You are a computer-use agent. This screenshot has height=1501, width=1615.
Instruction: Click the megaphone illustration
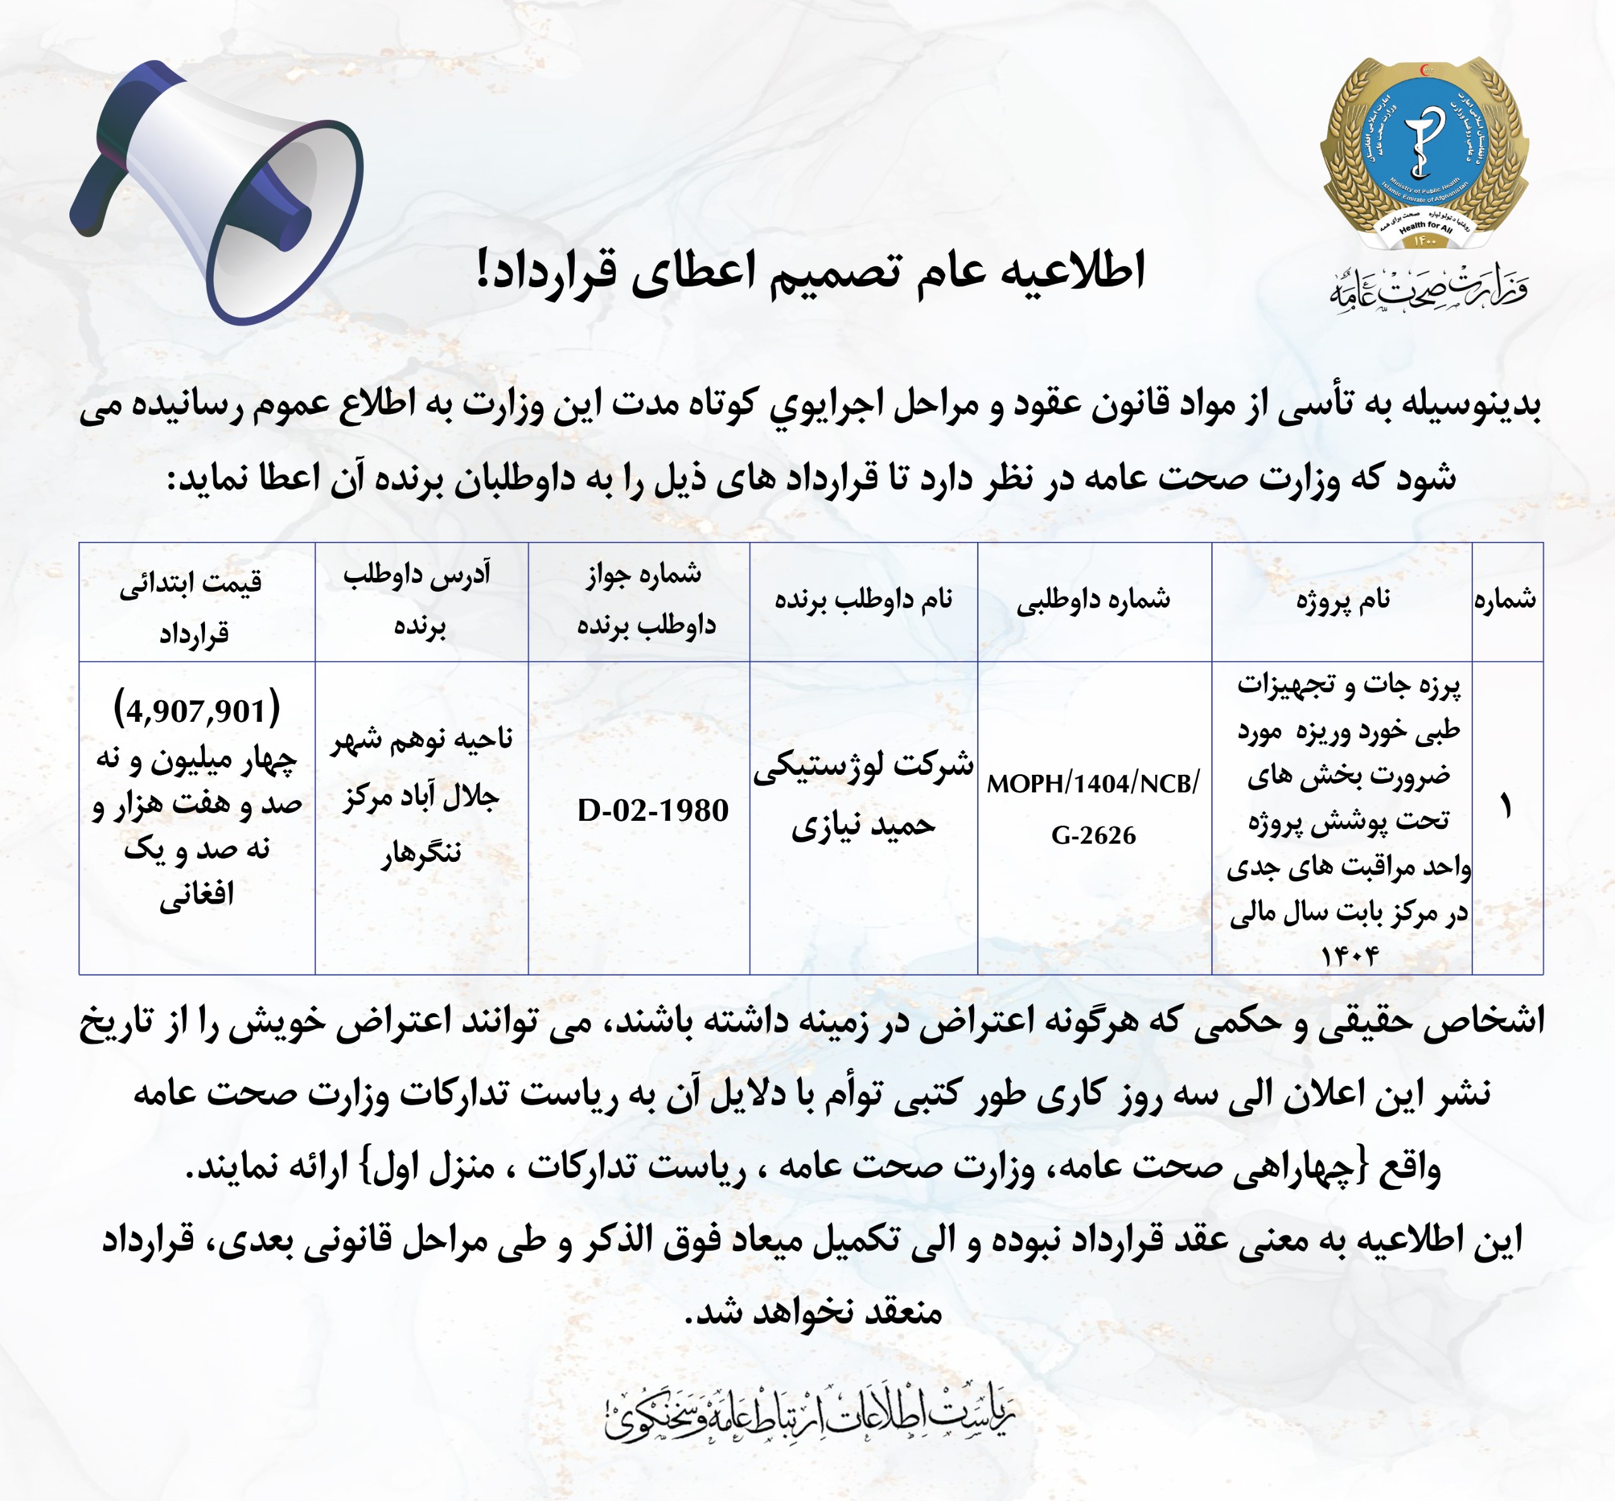(218, 191)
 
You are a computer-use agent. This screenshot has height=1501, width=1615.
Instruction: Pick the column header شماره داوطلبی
(1094, 600)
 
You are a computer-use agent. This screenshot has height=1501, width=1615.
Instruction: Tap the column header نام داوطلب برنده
(863, 600)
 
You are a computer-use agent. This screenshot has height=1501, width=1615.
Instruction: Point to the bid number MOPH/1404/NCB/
(1093, 784)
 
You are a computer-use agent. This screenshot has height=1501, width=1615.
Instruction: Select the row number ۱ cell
(1506, 809)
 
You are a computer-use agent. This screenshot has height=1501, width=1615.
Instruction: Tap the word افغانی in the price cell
(196, 896)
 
